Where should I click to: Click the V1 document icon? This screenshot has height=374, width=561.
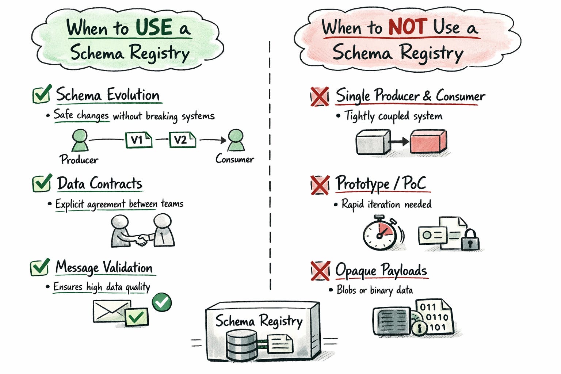click(x=138, y=140)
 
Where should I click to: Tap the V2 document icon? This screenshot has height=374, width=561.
click(x=182, y=140)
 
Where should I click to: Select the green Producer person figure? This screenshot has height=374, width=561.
click(x=80, y=140)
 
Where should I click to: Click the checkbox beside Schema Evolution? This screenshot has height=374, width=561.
click(x=42, y=94)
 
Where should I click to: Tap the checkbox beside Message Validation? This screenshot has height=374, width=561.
click(x=40, y=267)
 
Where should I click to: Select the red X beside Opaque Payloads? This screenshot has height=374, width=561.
click(x=320, y=271)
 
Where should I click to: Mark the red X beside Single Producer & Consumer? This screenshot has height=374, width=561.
click(x=320, y=97)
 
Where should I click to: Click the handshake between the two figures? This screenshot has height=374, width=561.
click(x=141, y=240)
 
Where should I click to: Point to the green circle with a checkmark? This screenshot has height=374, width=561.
click(x=161, y=302)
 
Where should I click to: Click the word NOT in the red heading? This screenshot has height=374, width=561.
click(x=408, y=26)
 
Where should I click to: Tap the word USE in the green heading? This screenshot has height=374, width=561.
click(x=154, y=27)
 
